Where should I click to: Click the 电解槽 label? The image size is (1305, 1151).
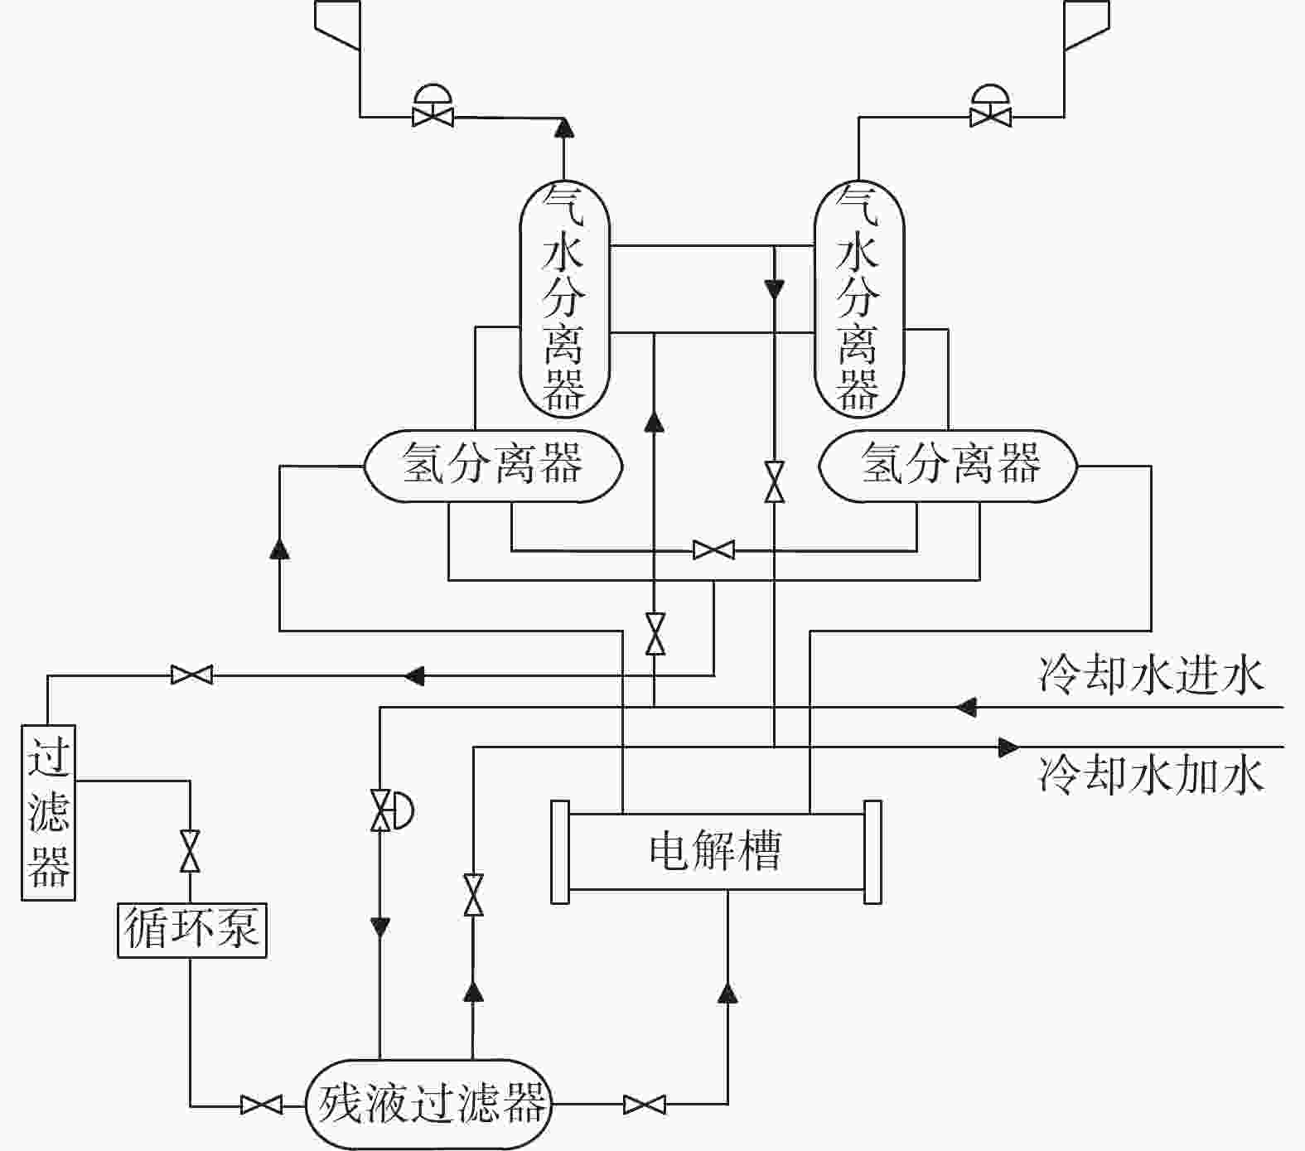pos(714,851)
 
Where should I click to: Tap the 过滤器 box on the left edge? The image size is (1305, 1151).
pos(48,813)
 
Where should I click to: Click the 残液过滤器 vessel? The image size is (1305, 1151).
pos(429,1104)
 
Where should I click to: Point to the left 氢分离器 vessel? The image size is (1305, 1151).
pos(493,466)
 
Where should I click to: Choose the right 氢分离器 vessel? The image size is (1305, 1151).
pos(948,466)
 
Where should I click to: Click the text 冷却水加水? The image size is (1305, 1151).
pos(1152,776)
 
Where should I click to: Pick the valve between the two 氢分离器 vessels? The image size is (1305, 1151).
pos(713,550)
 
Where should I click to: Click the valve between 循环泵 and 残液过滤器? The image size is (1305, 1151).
pos(261,1105)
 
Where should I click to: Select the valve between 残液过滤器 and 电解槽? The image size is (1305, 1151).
pos(644,1105)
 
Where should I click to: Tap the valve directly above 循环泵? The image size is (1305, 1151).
pos(191,851)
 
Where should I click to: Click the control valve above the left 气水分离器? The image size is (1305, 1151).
pos(433,106)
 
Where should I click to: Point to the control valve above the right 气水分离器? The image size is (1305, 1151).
pos(990,106)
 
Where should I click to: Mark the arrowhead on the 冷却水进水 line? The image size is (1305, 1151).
pos(966,708)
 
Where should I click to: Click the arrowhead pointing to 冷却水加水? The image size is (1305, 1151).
pos(1008,747)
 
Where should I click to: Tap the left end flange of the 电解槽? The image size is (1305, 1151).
pos(560,852)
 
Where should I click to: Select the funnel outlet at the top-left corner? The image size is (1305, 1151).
pos(337,25)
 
